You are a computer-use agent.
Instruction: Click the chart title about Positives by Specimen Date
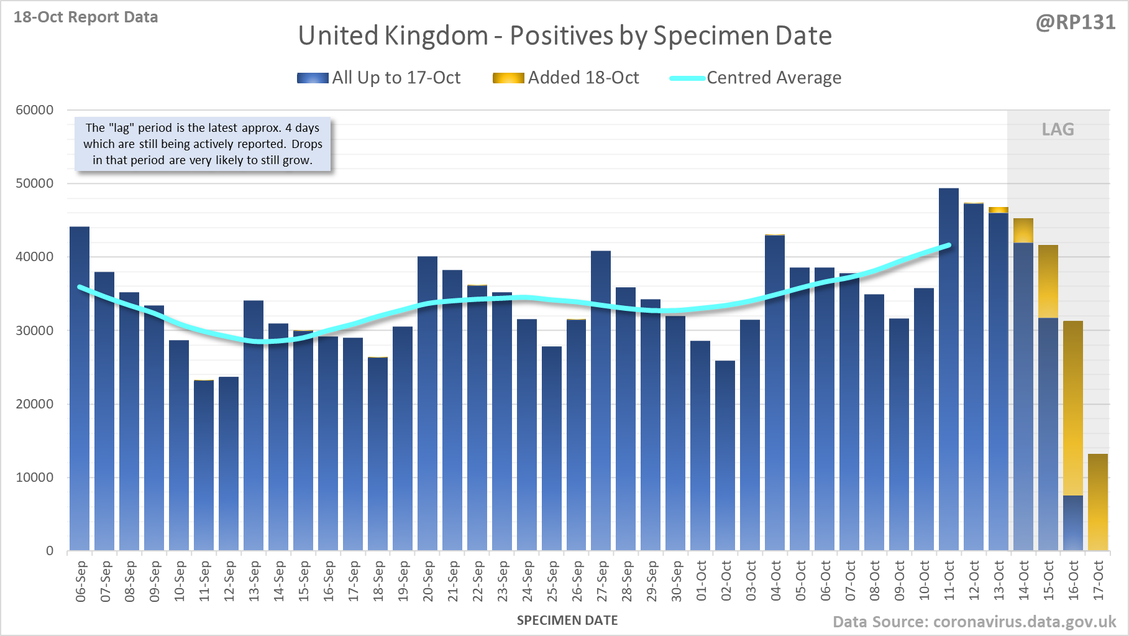click(565, 35)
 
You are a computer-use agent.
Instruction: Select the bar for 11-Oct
click(948, 373)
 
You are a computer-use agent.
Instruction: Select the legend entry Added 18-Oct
click(566, 78)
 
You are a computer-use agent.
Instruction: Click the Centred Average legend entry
click(756, 78)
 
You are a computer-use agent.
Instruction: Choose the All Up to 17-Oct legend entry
click(379, 78)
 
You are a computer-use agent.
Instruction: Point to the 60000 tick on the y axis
click(35, 110)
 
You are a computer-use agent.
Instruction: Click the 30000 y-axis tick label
click(35, 331)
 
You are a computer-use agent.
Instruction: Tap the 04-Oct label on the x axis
click(775, 581)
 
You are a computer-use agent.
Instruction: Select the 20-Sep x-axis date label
click(427, 581)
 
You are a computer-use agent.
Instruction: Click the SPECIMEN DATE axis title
click(567, 620)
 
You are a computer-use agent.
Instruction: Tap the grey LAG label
click(1058, 129)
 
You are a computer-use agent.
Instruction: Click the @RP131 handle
click(1075, 22)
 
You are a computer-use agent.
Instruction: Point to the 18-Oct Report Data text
click(86, 17)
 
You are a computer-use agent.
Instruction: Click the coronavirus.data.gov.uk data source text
click(974, 622)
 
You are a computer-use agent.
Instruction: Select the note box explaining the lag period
click(203, 144)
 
